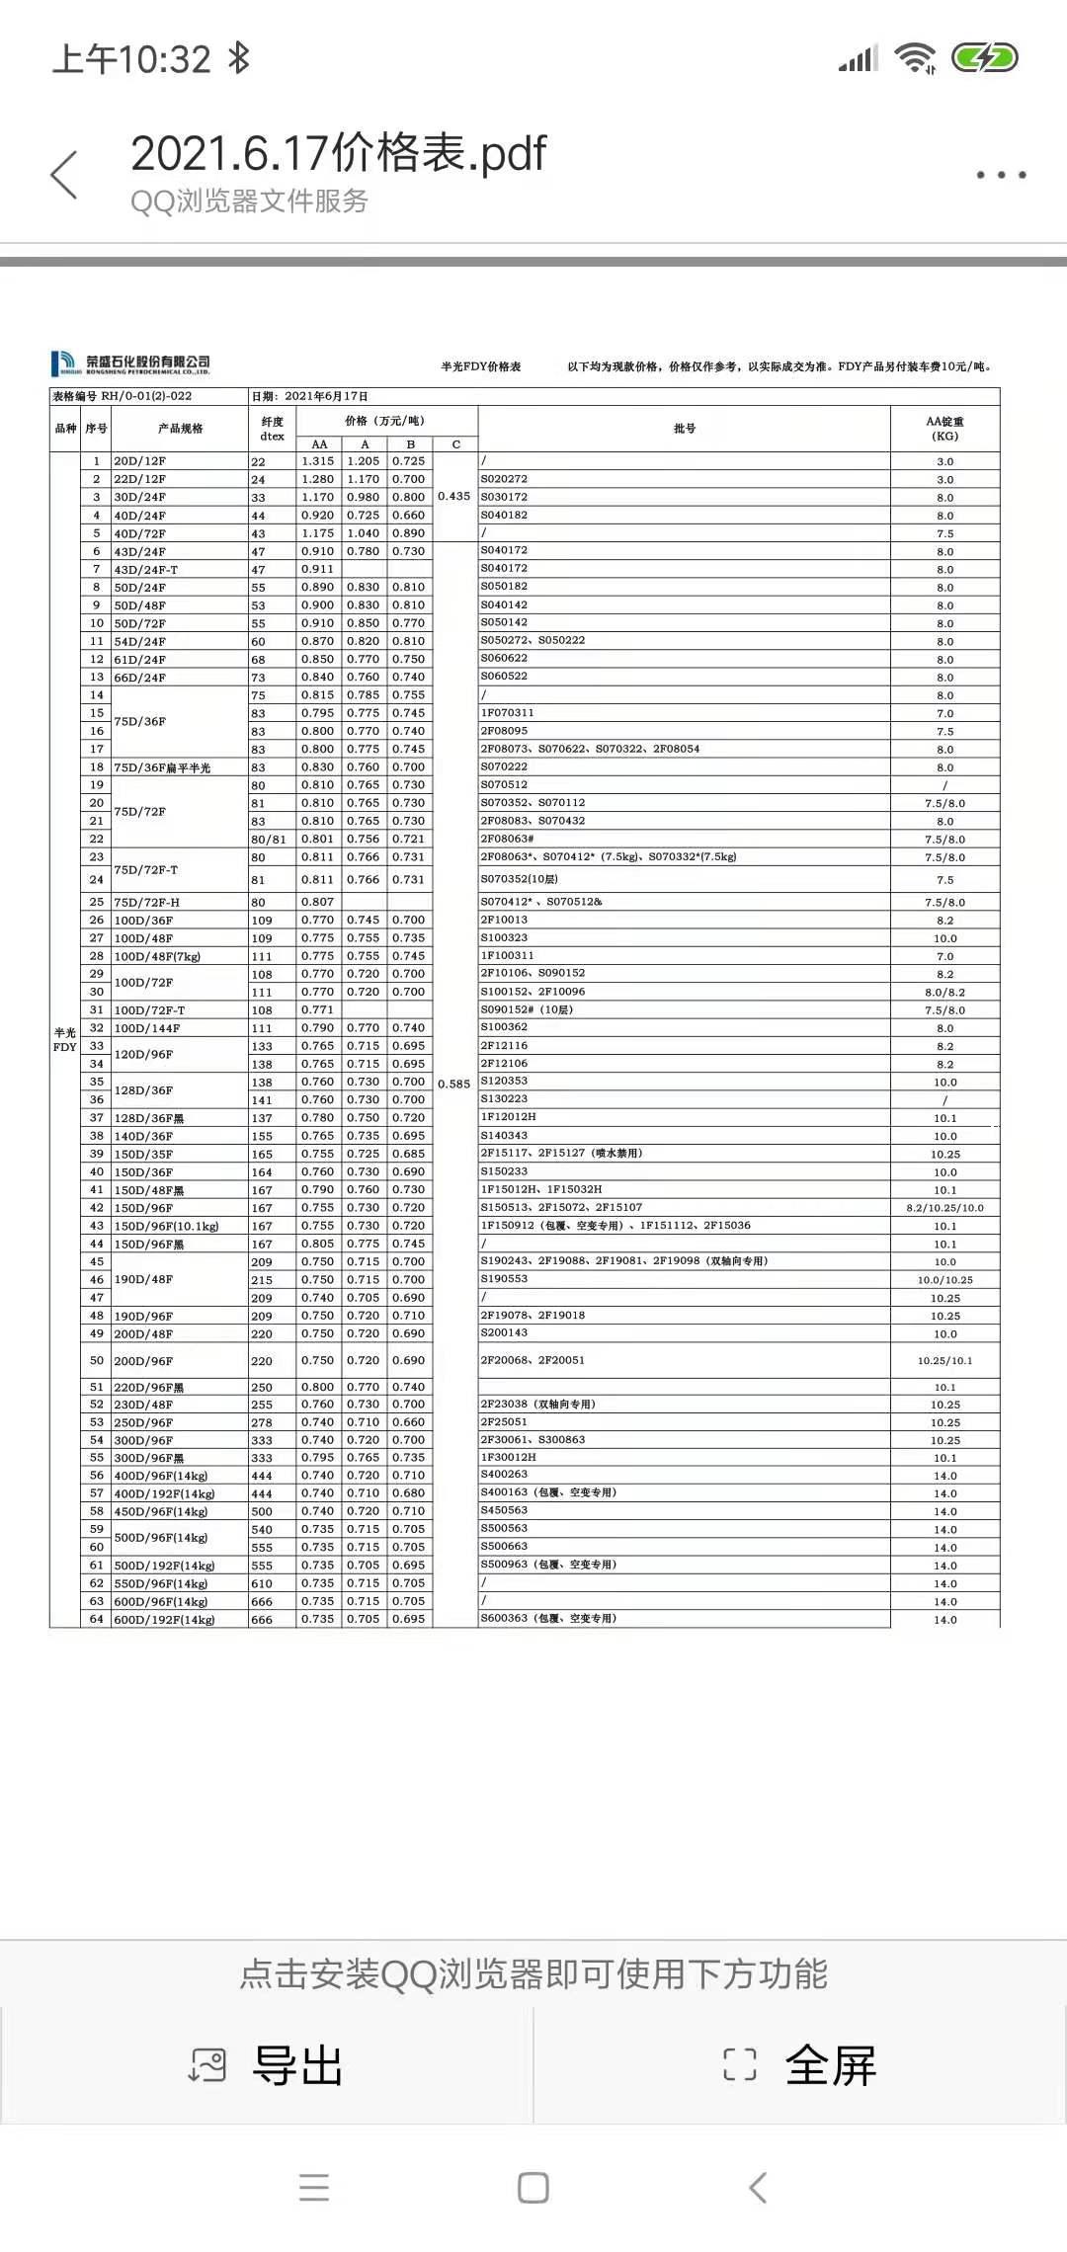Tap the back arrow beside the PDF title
(x=64, y=175)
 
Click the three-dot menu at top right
(x=1001, y=175)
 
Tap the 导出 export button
(x=267, y=2065)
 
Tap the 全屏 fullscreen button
(x=800, y=2065)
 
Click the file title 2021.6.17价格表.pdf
(x=338, y=154)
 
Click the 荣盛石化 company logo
(x=130, y=363)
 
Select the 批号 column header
(x=684, y=429)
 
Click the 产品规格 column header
(x=180, y=429)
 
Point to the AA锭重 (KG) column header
(x=944, y=429)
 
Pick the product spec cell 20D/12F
(x=139, y=461)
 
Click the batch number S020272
(x=504, y=479)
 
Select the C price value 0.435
(x=454, y=496)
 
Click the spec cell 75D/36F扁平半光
(x=162, y=767)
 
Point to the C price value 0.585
(x=454, y=1084)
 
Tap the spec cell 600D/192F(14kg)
(x=164, y=1619)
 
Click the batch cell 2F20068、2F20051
(x=533, y=1360)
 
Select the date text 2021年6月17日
(x=326, y=396)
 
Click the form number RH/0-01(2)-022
(x=146, y=396)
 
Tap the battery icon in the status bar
(x=984, y=58)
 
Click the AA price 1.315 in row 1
(x=318, y=461)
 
